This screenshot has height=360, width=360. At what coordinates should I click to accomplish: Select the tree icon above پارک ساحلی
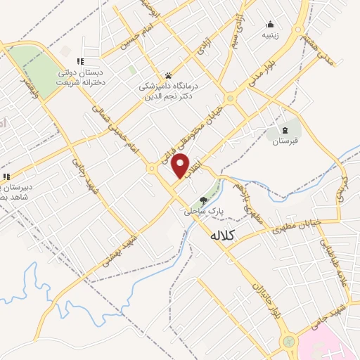tap(205, 200)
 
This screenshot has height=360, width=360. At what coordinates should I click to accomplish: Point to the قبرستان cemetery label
tap(285, 141)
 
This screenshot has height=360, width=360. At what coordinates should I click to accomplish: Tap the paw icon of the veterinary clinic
tap(169, 75)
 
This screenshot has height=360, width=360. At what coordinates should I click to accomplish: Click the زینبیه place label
tap(271, 34)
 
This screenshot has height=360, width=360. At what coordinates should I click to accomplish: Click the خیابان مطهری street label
tap(302, 224)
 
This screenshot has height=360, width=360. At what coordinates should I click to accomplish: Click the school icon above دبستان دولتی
tap(80, 61)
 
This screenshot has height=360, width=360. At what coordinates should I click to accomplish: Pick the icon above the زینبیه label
tap(271, 25)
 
